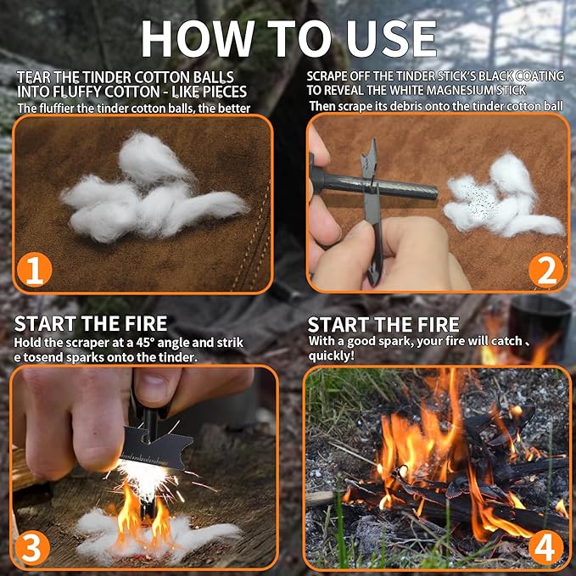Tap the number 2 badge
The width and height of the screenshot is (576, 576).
(x=545, y=270)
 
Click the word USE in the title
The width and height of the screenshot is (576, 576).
(x=389, y=38)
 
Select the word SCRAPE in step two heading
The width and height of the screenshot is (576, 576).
(x=333, y=75)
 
